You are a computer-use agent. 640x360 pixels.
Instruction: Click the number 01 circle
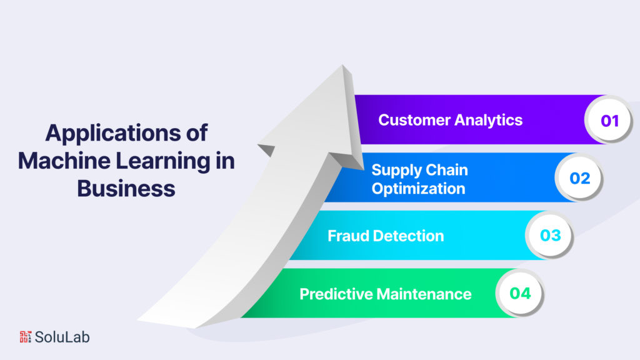tap(609, 120)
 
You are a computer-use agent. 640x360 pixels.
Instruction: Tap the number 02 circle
tap(579, 178)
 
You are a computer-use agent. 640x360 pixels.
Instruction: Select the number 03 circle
tap(550, 236)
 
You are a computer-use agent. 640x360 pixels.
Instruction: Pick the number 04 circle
tap(520, 293)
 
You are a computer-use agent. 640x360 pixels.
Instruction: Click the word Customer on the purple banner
tap(413, 120)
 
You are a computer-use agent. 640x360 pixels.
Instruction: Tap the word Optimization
tap(418, 187)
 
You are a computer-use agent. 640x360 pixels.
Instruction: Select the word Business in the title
tap(126, 187)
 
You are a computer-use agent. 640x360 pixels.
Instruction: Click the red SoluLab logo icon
tap(25, 337)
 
